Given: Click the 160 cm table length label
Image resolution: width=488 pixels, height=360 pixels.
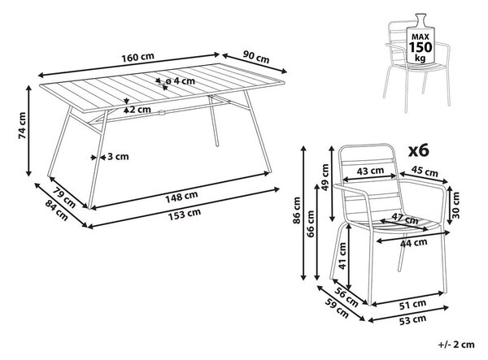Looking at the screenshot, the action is pyautogui.click(x=137, y=58).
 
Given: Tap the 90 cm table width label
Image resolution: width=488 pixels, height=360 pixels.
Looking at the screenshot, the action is pyautogui.click(x=256, y=57).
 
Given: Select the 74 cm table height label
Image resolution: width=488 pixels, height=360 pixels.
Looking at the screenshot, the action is pyautogui.click(x=23, y=125).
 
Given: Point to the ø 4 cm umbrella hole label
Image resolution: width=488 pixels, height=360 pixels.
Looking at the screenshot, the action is pyautogui.click(x=180, y=81).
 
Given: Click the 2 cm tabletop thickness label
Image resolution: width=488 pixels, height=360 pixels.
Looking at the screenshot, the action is pyautogui.click(x=141, y=110).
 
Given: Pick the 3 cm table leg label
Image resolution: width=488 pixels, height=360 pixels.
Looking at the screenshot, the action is pyautogui.click(x=118, y=156).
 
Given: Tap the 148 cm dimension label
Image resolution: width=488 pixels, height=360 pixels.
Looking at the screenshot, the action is pyautogui.click(x=181, y=197).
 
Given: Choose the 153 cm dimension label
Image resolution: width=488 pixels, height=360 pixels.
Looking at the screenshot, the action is pyautogui.click(x=185, y=215).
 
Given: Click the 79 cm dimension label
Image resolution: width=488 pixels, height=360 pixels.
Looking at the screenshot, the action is pyautogui.click(x=63, y=197).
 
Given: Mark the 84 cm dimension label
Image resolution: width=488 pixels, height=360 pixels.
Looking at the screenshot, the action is pyautogui.click(x=57, y=210).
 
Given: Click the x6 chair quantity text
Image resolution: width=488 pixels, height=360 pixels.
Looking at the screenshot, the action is pyautogui.click(x=419, y=151).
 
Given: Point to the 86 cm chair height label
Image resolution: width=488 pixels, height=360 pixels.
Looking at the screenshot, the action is pyautogui.click(x=297, y=210).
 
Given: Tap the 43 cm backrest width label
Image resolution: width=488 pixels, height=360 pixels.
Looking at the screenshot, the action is pyautogui.click(x=370, y=171).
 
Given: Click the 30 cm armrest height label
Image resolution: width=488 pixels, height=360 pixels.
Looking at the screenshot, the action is pyautogui.click(x=455, y=205).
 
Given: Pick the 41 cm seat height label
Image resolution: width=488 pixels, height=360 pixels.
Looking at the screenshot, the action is pyautogui.click(x=342, y=256).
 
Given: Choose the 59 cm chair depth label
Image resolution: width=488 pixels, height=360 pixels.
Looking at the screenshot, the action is pyautogui.click(x=337, y=308).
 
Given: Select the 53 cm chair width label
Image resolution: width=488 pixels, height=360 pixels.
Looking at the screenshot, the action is pyautogui.click(x=412, y=320).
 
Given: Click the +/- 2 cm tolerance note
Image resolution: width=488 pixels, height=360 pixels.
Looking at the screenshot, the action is pyautogui.click(x=456, y=345).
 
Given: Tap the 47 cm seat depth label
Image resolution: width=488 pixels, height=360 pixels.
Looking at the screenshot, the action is pyautogui.click(x=404, y=219).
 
